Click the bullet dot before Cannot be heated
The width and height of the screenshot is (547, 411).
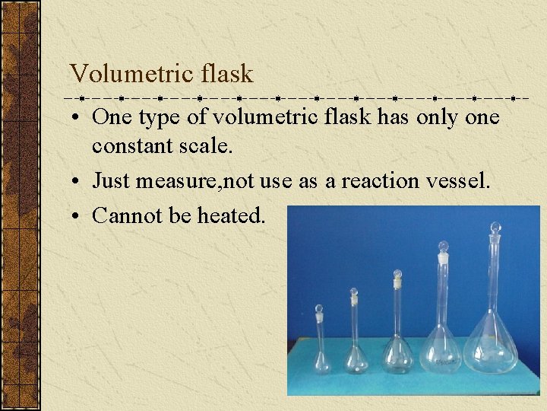tap(79, 216)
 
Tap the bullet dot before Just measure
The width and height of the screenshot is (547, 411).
tap(79, 182)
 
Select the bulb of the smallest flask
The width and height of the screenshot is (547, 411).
tap(322, 361)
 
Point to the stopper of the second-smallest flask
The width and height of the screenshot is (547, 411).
tap(353, 292)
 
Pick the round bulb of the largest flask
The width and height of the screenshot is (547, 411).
tap(490, 347)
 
